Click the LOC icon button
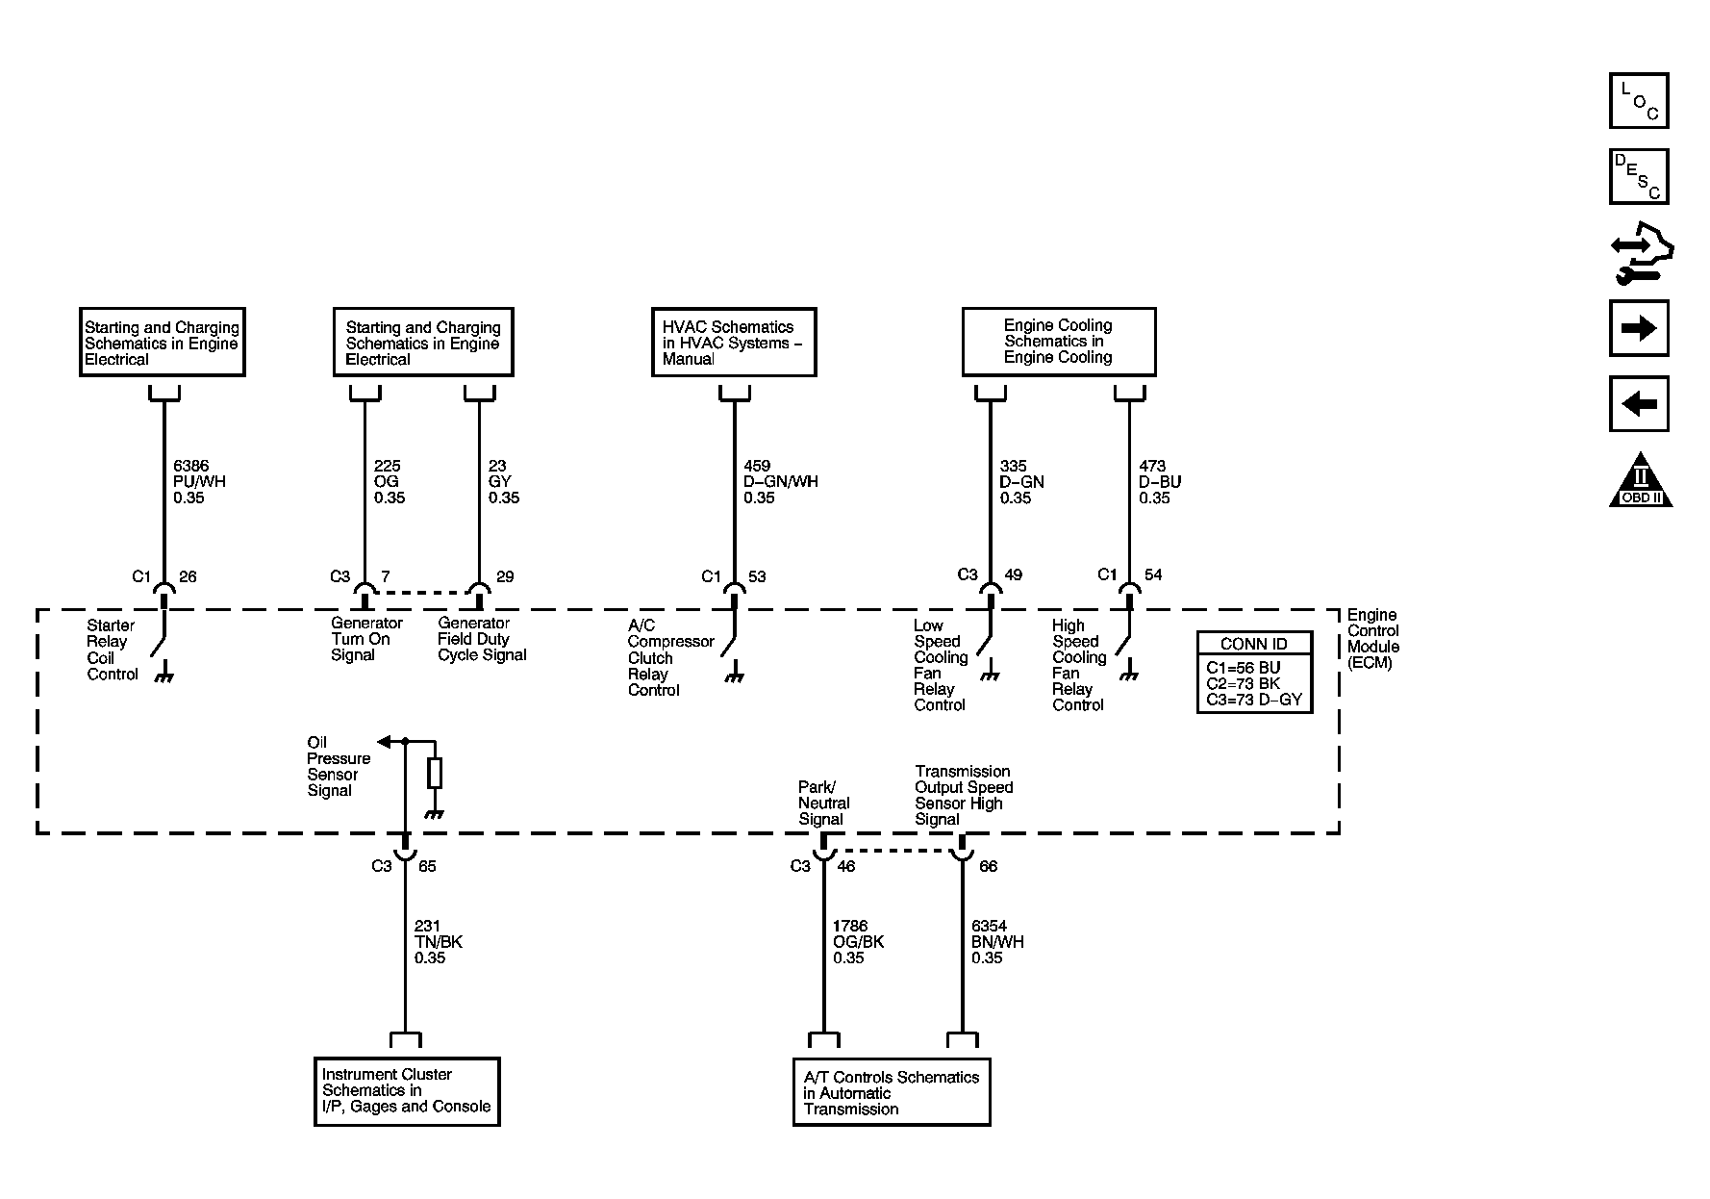point(1639,101)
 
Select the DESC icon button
point(1639,176)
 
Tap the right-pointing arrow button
point(1639,328)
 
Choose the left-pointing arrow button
point(1639,404)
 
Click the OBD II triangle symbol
point(1641,481)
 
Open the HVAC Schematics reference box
point(734,343)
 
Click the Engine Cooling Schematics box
point(1059,342)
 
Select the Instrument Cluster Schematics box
point(407,1091)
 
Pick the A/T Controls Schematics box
point(892,1092)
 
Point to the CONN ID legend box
point(1254,672)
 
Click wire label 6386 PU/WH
point(199,481)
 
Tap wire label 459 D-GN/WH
point(780,481)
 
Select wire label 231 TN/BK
point(439,942)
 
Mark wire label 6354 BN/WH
point(997,942)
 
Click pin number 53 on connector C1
point(757,576)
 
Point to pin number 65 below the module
point(427,866)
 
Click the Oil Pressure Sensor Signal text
point(339,767)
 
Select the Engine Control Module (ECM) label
point(1373,638)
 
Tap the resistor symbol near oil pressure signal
point(435,773)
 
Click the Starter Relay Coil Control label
point(113,650)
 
